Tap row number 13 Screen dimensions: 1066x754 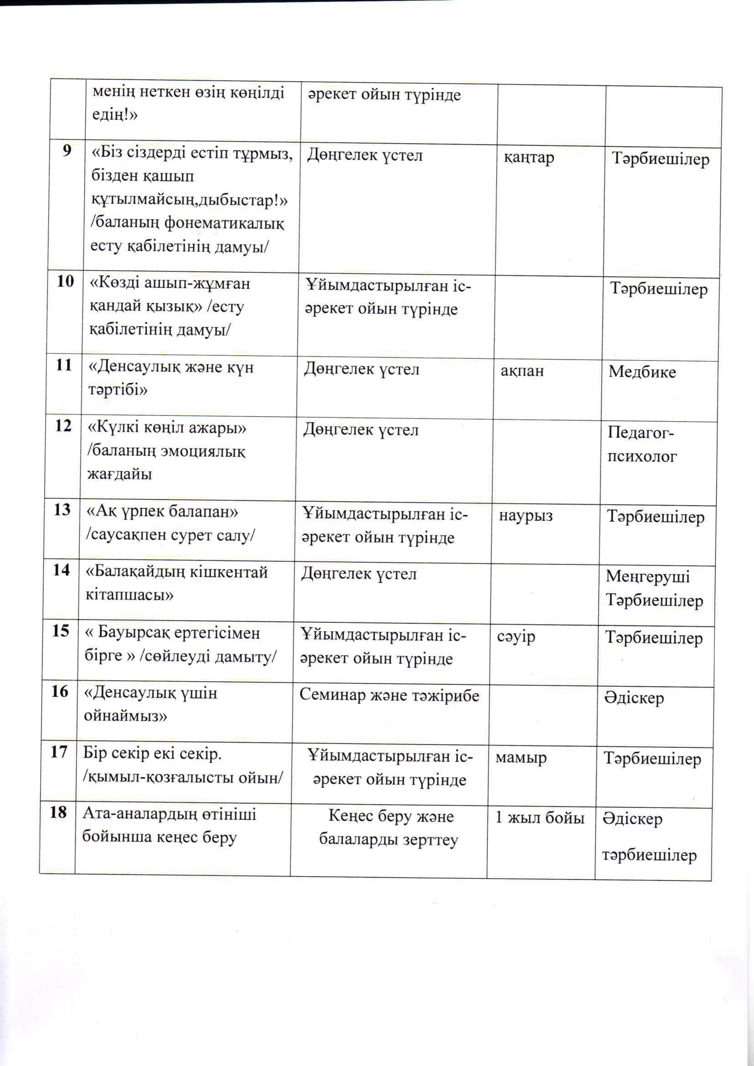pyautogui.click(x=62, y=510)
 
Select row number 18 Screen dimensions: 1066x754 pyautogui.click(x=58, y=812)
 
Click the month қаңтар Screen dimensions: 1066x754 pyautogui.click(x=529, y=158)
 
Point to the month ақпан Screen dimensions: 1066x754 pyautogui.click(x=522, y=371)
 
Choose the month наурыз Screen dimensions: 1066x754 pyautogui.click(x=526, y=516)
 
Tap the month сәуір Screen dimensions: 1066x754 pyautogui.click(x=516, y=636)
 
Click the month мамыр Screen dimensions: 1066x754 pyautogui.click(x=521, y=758)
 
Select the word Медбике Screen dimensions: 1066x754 pyautogui.click(x=642, y=372)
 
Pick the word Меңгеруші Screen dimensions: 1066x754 pyautogui.click(x=647, y=577)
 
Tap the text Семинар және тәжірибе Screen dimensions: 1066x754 pyautogui.click(x=389, y=695)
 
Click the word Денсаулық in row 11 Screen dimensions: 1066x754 pyautogui.click(x=133, y=367)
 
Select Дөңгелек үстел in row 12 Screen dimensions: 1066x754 pyautogui.click(x=361, y=430)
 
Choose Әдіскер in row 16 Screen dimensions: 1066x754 pyautogui.click(x=634, y=698)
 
